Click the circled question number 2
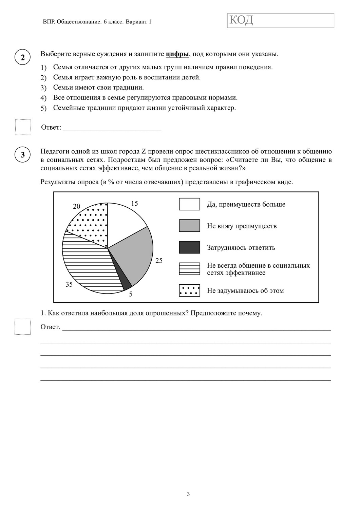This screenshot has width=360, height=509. pyautogui.click(x=23, y=57)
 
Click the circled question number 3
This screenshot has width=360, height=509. pyautogui.click(x=23, y=155)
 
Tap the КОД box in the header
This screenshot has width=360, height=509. pyautogui.click(x=280, y=20)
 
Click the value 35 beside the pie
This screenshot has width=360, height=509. pyautogui.click(x=69, y=284)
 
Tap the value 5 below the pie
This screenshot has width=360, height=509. pyautogui.click(x=131, y=294)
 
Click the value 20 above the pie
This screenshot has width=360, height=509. pyautogui.click(x=77, y=206)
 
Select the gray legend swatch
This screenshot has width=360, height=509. pyautogui.click(x=189, y=226)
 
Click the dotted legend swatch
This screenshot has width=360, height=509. pyautogui.click(x=189, y=290)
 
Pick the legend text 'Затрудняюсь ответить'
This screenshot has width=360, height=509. pyautogui.click(x=241, y=248)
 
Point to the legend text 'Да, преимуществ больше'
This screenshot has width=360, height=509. pyautogui.click(x=246, y=204)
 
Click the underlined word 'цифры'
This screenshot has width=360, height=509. pyautogui.click(x=177, y=54)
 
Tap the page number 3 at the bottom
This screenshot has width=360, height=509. pyautogui.click(x=188, y=494)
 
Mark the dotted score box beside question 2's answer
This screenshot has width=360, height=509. pyautogui.click(x=23, y=127)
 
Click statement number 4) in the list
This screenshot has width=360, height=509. pyautogui.click(x=43, y=98)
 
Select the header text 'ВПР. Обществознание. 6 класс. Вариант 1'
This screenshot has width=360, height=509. pyautogui.click(x=97, y=22)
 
